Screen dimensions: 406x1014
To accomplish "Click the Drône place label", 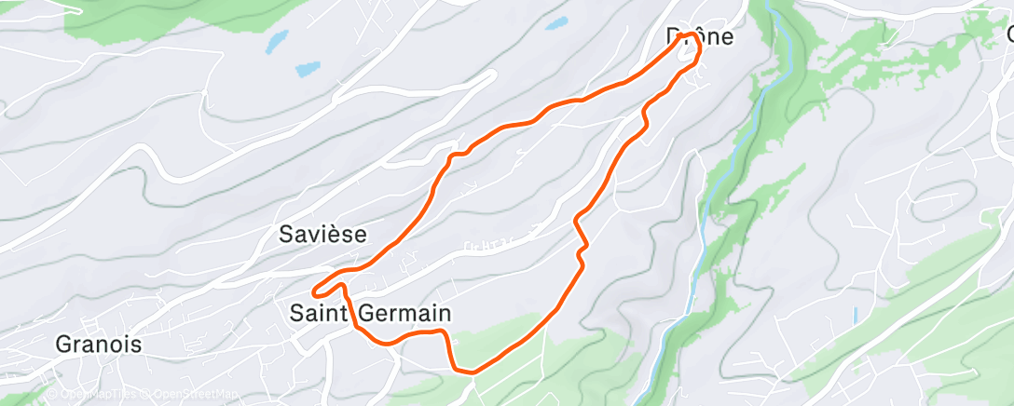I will (x=700, y=37).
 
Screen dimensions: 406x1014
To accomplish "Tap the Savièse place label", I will (x=322, y=235).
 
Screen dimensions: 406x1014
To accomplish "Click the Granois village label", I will (x=99, y=344).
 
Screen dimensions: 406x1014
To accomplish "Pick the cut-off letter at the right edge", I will (x=1009, y=35).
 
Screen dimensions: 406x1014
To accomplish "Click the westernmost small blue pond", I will (x=277, y=40).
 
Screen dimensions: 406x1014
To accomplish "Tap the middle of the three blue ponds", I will (x=308, y=69).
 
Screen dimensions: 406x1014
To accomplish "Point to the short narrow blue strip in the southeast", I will (x=855, y=316).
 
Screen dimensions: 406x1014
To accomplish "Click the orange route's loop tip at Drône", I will (x=692, y=37).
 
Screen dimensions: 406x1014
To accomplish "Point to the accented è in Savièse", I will (x=339, y=235).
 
